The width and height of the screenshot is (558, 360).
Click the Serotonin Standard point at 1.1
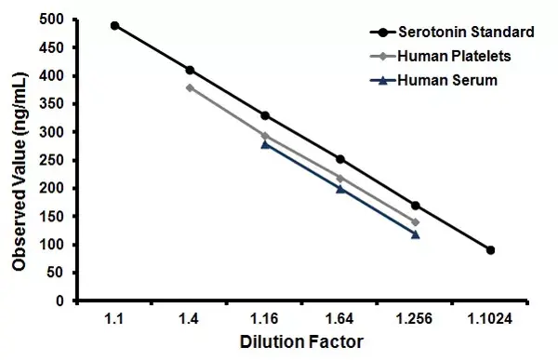pos(114,25)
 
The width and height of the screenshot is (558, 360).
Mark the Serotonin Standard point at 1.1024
pos(490,250)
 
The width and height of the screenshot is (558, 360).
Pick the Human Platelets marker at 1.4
pos(190,87)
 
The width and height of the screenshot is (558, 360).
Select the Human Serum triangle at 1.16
pos(265,144)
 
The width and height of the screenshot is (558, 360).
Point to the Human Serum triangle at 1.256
pos(415,234)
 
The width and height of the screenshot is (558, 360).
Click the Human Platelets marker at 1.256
pos(415,222)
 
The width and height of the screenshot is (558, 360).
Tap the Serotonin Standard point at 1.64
pos(340,159)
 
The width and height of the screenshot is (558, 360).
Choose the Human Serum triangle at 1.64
pos(340,189)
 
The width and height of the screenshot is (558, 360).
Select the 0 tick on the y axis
pos(58,301)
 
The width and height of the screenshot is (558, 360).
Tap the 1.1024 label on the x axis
pos(490,319)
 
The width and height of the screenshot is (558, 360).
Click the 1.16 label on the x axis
pos(265,319)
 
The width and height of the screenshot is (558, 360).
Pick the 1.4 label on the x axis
pos(190,319)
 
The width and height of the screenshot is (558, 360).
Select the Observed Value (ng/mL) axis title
pos(19,160)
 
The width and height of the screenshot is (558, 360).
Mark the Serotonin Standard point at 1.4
pos(190,70)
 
